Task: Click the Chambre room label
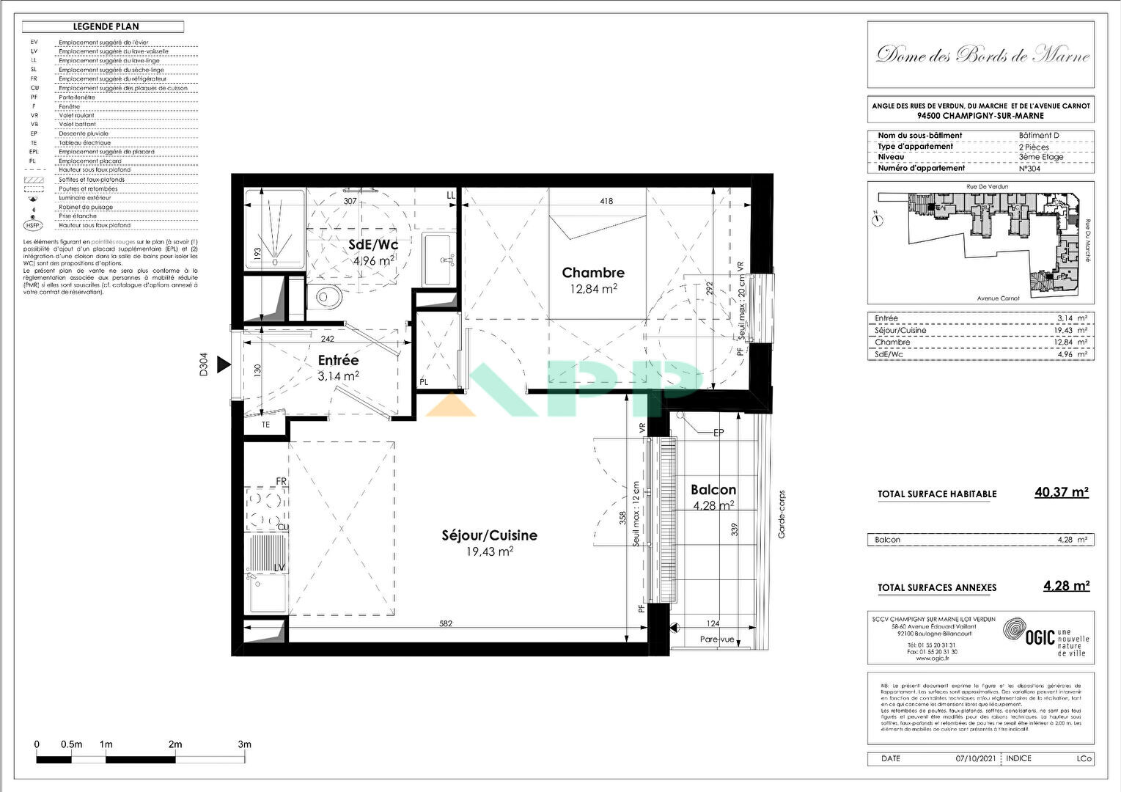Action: tap(593, 273)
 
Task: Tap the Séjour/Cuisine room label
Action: tap(489, 535)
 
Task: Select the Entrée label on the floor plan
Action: tap(338, 361)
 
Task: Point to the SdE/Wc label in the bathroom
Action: tap(373, 245)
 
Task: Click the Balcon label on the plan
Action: tap(713, 490)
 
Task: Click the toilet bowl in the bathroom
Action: tap(326, 298)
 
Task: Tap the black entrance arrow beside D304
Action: tap(224, 364)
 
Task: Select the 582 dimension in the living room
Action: tap(446, 624)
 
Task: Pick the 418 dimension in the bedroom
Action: tap(606, 201)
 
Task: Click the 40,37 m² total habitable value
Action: tap(1061, 492)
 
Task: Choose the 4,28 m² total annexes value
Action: tap(1066, 586)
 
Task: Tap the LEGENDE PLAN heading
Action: tap(106, 27)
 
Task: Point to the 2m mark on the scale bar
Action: tap(175, 744)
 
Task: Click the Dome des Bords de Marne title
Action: tap(982, 55)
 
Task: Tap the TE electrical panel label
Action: tap(265, 425)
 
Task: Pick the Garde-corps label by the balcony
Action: tap(782, 515)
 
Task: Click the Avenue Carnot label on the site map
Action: tap(998, 298)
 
